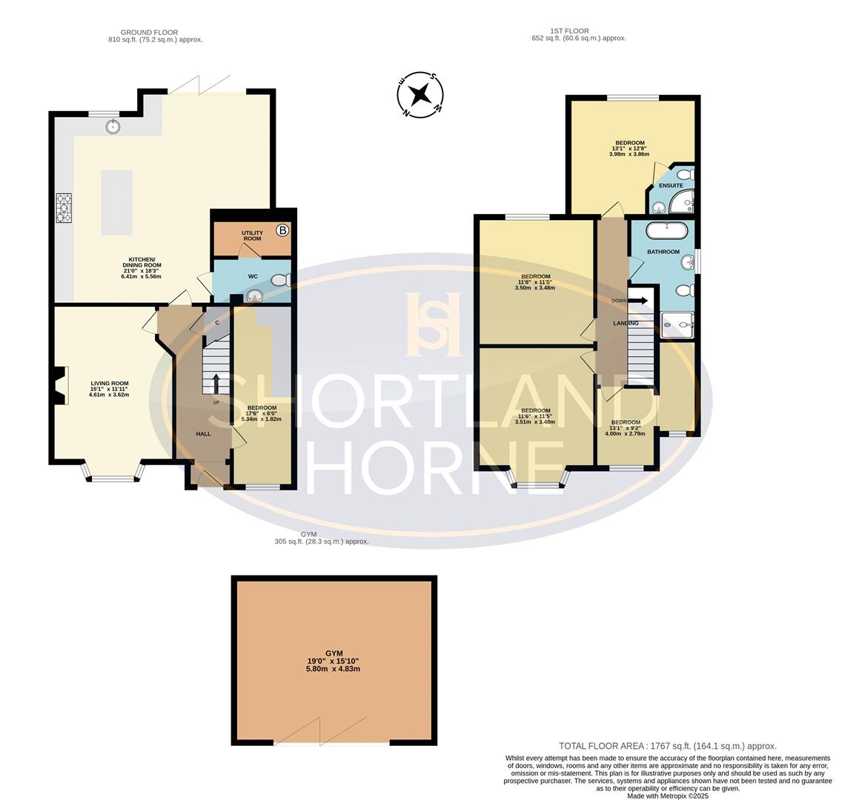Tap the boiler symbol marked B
(282, 230)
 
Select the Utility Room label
(252, 236)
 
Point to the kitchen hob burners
(64, 207)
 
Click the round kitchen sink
(113, 126)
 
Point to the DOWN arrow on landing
(638, 300)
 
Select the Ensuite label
(671, 185)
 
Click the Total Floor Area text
(667, 747)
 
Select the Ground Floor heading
(153, 33)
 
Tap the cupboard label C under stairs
(216, 323)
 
